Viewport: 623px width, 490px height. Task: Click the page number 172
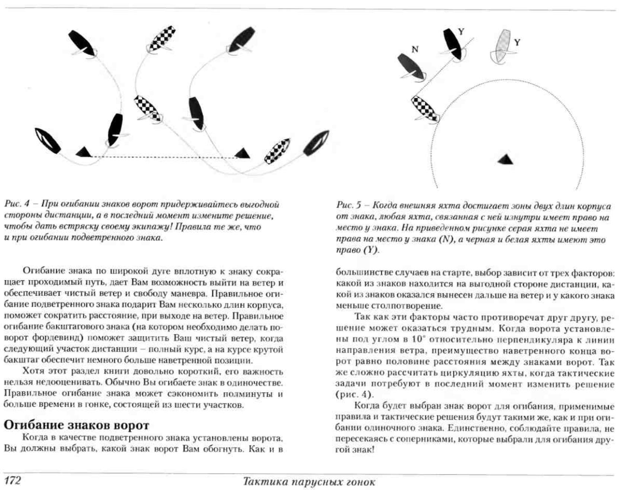pyautogui.click(x=12, y=480)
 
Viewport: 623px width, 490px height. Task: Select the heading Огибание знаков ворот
pyautogui.click(x=76, y=425)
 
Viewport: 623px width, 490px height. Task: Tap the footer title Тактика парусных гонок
pyautogui.click(x=309, y=482)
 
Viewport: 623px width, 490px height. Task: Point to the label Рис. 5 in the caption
pyautogui.click(x=349, y=205)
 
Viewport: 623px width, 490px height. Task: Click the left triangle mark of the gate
pyautogui.click(x=84, y=152)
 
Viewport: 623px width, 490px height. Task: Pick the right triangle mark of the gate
pyautogui.click(x=243, y=153)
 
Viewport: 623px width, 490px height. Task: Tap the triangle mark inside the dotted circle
pyautogui.click(x=506, y=159)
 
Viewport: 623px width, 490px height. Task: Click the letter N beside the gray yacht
pyautogui.click(x=415, y=49)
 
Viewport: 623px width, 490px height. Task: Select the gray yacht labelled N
pyautogui.click(x=411, y=67)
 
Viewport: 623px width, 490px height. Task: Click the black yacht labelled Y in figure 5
pyautogui.click(x=453, y=43)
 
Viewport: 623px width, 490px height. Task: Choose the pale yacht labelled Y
pyautogui.click(x=502, y=45)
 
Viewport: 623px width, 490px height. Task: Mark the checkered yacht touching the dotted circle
pyautogui.click(x=425, y=109)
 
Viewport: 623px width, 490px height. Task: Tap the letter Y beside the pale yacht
pyautogui.click(x=517, y=42)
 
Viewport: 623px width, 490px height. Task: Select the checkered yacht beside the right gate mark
pyautogui.click(x=277, y=151)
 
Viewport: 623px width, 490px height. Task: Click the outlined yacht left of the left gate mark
pyautogui.click(x=48, y=141)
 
